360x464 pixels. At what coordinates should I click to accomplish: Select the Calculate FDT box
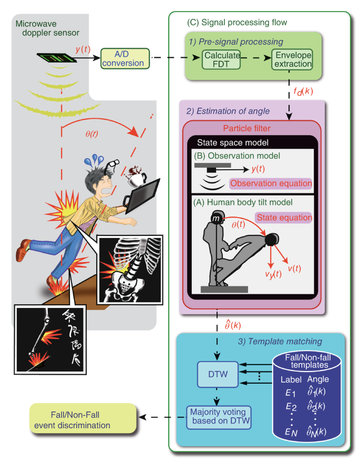[220, 59]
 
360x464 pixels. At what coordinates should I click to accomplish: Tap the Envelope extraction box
[292, 59]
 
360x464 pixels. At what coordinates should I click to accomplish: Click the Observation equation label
[271, 183]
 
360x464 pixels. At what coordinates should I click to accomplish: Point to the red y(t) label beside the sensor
[83, 49]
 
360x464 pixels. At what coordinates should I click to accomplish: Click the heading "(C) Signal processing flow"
[232, 23]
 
